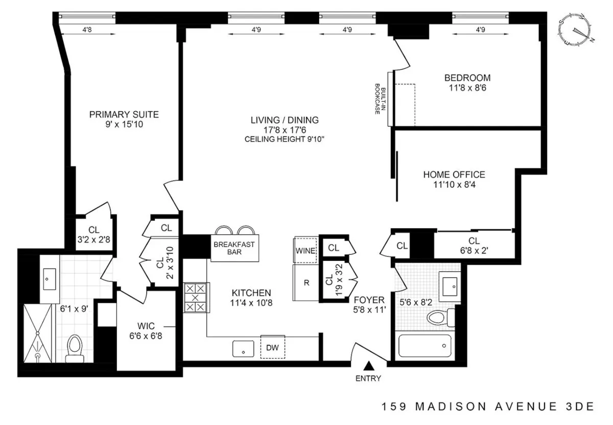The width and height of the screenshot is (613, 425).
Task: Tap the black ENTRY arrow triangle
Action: (368, 365)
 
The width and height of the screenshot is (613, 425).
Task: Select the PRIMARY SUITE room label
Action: (124, 119)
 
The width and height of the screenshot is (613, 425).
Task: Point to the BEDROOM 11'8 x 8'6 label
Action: (467, 82)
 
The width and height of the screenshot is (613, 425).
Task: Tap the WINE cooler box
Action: (305, 251)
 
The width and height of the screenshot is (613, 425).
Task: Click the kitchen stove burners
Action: (196, 298)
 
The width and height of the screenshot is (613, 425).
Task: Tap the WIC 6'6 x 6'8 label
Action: (147, 330)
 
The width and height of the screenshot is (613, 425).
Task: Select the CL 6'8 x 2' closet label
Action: (474, 245)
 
